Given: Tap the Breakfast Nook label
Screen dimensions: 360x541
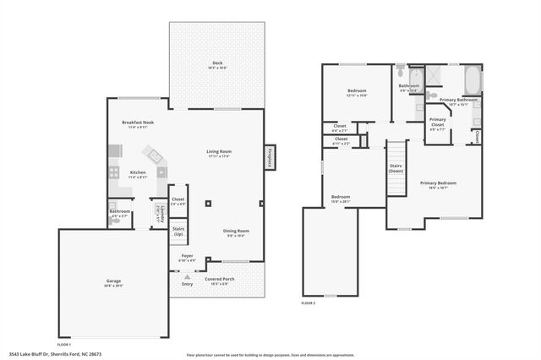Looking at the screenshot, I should pyautogui.click(x=137, y=123).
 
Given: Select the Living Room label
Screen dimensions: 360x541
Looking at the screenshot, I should pyautogui.click(x=219, y=153).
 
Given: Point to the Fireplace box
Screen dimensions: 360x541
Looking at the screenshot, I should pyautogui.click(x=270, y=159).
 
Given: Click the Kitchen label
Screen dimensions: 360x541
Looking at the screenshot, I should pyautogui.click(x=137, y=174).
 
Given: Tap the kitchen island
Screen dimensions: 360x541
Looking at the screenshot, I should pyautogui.click(x=155, y=155).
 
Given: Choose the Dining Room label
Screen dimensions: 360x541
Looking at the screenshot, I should pyautogui.click(x=236, y=232).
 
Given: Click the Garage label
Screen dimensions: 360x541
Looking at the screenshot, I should pyautogui.click(x=113, y=282).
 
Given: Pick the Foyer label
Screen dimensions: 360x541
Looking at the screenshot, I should pyautogui.click(x=188, y=258).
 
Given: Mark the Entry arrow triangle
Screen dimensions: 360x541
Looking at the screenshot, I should pyautogui.click(x=188, y=275).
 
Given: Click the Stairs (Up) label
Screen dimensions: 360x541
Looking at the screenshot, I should pyautogui.click(x=179, y=231).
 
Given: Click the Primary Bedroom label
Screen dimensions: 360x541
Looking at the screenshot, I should pyautogui.click(x=438, y=184).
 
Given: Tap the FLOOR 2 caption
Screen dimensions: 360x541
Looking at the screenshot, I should pyautogui.click(x=308, y=303).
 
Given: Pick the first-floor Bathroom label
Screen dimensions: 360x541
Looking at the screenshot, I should pyautogui.click(x=119, y=213).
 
